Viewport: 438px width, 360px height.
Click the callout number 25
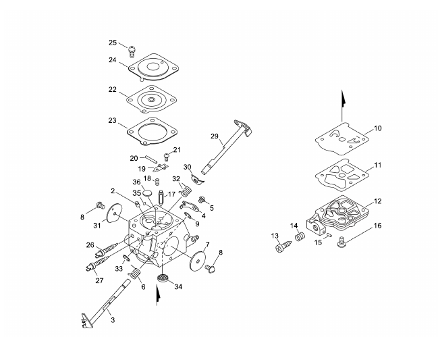113,43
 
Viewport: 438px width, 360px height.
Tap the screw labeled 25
132,52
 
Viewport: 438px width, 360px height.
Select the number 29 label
214,136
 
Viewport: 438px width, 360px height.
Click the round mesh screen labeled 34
163,278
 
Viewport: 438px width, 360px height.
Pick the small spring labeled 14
300,236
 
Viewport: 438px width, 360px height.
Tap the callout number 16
377,226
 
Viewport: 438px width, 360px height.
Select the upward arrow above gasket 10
343,105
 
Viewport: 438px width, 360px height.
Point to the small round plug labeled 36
147,193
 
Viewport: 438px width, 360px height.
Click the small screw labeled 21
167,156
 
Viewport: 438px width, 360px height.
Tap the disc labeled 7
198,260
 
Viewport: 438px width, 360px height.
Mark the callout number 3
113,320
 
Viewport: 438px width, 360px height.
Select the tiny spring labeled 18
157,182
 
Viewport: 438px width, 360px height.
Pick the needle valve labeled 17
161,197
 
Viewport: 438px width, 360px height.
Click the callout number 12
377,201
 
